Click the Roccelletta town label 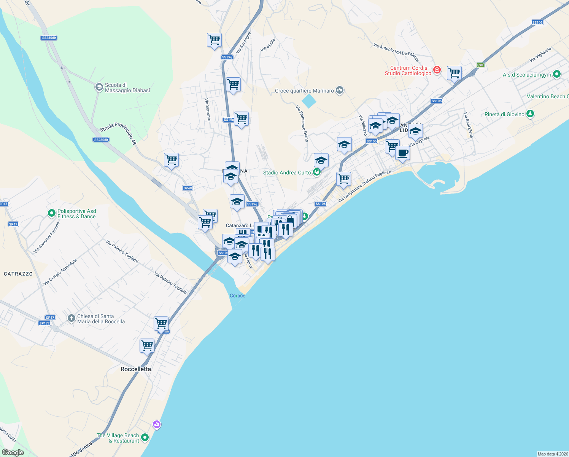point(136,369)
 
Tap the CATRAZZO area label point(18,274)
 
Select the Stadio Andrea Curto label point(287,173)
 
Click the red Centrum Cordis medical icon point(437,70)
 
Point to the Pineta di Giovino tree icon point(530,114)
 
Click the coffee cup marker point(402,153)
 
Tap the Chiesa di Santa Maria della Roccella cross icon point(71,318)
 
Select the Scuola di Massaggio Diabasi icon point(99,88)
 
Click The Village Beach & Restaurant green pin point(145,438)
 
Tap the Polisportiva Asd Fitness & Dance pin point(52,213)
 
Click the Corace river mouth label point(237,296)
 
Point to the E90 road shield point(480,65)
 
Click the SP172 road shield point(45,323)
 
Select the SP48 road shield point(188,188)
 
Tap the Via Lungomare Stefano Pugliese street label point(364,187)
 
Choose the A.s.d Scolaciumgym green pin point(557,74)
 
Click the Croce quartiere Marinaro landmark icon point(340,90)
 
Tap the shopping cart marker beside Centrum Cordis point(454,73)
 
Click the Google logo point(13,452)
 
